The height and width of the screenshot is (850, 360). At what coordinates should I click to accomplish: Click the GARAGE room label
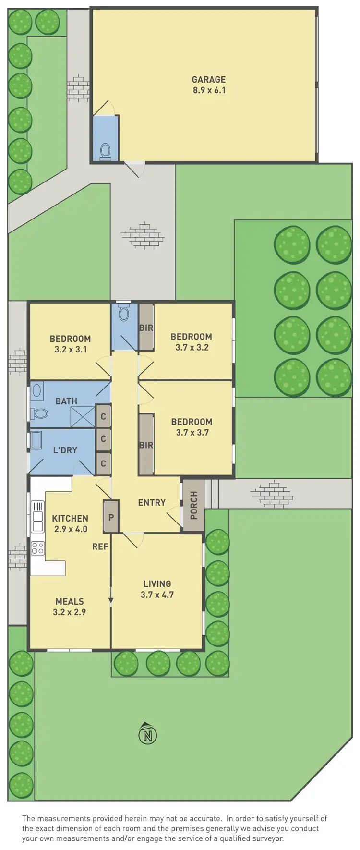point(208,80)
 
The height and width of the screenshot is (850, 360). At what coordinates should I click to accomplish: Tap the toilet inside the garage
point(105,151)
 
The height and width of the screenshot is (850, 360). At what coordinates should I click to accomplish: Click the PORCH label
point(193,505)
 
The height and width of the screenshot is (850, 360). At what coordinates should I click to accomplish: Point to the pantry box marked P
point(111,517)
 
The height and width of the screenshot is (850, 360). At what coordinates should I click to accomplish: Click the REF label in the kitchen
point(100,546)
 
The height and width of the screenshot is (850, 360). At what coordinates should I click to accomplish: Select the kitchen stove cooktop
point(37,547)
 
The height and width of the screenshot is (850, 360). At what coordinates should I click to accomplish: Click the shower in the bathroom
point(83,416)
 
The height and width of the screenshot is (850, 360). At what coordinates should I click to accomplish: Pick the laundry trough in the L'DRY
point(36,440)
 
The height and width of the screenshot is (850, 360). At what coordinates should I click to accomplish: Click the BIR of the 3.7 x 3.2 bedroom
point(146,328)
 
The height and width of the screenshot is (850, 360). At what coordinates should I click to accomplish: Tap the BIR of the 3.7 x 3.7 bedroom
point(146,445)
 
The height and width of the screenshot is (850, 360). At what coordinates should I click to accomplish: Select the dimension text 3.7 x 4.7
point(157,595)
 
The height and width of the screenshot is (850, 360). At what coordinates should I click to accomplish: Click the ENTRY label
point(152,503)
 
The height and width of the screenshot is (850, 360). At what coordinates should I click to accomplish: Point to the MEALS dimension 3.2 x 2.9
point(69,612)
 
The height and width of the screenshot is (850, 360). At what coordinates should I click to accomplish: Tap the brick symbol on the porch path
point(272,494)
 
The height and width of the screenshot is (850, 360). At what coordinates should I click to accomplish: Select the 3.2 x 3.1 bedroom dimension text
point(71,349)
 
